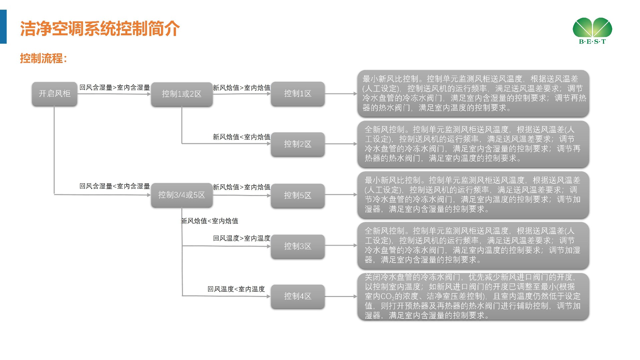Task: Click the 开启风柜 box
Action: coord(54,94)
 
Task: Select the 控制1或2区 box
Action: coord(182,94)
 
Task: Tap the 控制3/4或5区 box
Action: coord(182,195)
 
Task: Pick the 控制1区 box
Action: coord(298,94)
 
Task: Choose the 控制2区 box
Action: coord(298,144)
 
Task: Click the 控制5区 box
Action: coord(298,195)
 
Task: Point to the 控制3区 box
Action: coord(298,246)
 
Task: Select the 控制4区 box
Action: coord(298,296)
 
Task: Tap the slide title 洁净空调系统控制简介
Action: coord(100,29)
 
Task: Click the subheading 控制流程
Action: coord(43,58)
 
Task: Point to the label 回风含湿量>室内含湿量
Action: coord(115,87)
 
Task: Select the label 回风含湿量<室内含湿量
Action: coord(115,186)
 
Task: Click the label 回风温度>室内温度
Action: coord(242,238)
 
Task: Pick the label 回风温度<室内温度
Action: coord(236,289)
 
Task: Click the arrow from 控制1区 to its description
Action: coord(341,94)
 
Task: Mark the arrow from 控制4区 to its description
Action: coord(341,296)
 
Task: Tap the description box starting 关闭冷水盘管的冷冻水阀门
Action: coord(473,296)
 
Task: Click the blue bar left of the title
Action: coord(3,27)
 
